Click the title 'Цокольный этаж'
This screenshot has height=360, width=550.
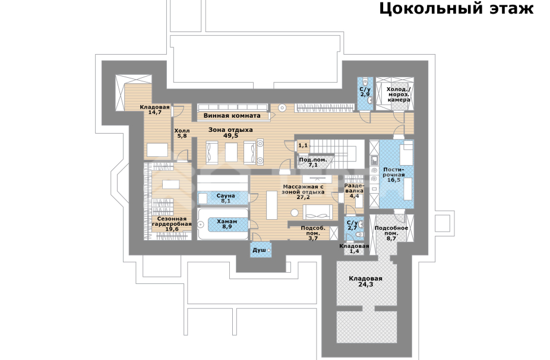pos(456,10)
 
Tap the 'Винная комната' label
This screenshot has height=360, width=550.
pos(232,115)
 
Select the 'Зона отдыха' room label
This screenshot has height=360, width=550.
pos(230,129)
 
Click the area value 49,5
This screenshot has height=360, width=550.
pos(230,135)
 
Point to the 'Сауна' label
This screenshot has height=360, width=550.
pos(225,195)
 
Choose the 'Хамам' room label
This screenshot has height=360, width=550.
pos(226,221)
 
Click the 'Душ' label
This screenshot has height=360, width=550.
pos(259,251)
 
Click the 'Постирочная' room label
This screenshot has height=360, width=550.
pos(394,172)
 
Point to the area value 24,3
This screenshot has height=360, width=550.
pos(365,285)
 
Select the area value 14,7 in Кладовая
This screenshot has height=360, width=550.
pos(155,112)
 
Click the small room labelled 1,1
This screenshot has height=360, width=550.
pos(303,146)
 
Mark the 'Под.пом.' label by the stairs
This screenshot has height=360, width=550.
pos(312,160)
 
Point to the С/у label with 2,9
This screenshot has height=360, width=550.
pos(365,90)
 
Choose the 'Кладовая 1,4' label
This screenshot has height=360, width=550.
pos(354,248)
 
